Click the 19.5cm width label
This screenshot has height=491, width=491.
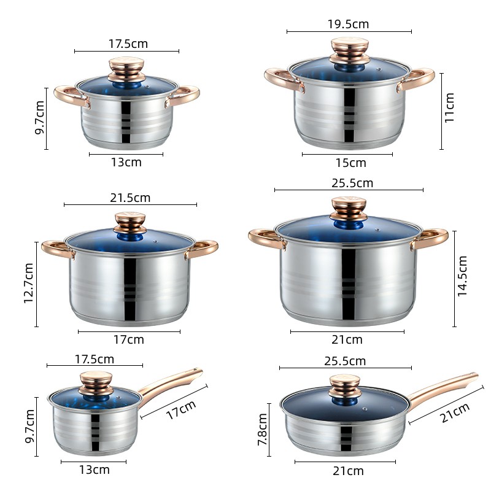tap(348, 24)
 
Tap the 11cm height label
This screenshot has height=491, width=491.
tap(450, 107)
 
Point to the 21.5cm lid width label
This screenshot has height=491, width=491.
tap(130, 198)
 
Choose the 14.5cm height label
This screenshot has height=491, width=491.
tap(463, 277)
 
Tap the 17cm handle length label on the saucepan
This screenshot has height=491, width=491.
tap(181, 410)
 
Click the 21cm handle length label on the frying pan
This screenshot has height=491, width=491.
tap(455, 417)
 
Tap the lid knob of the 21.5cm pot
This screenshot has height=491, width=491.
tap(130, 222)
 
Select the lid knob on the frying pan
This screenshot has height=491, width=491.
tap(348, 387)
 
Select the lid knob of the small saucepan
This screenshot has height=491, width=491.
tap(96, 382)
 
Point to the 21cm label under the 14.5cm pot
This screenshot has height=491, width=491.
tap(347, 339)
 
